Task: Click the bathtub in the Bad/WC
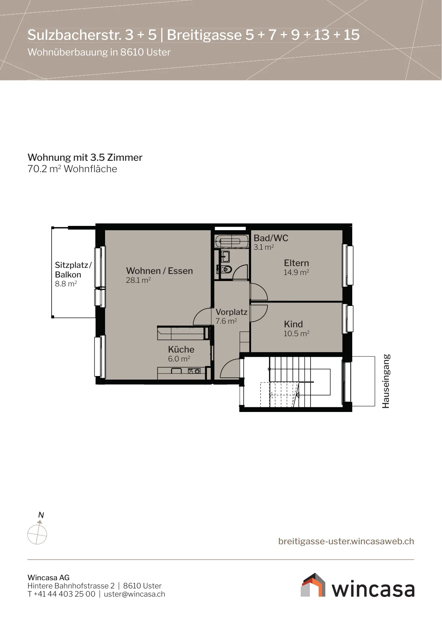pyautogui.click(x=232, y=241)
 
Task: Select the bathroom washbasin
pyautogui.click(x=225, y=256)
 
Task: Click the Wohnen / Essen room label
pyautogui.click(x=159, y=271)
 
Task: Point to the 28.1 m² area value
pyautogui.click(x=138, y=280)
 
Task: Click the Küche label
pyautogui.click(x=181, y=349)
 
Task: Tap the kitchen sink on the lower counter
pyautogui.click(x=177, y=371)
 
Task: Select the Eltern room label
pyautogui.click(x=296, y=263)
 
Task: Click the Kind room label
pyautogui.click(x=293, y=324)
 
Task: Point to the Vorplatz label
pyautogui.click(x=232, y=312)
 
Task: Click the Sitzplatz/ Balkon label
pyautogui.click(x=73, y=270)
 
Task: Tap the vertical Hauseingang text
pyautogui.click(x=386, y=381)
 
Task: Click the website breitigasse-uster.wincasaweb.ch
pyautogui.click(x=346, y=541)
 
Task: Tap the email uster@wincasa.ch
pyautogui.click(x=135, y=594)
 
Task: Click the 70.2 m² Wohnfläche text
pyautogui.click(x=72, y=169)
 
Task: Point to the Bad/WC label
pyautogui.click(x=271, y=238)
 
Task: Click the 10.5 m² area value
pyautogui.click(x=296, y=333)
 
